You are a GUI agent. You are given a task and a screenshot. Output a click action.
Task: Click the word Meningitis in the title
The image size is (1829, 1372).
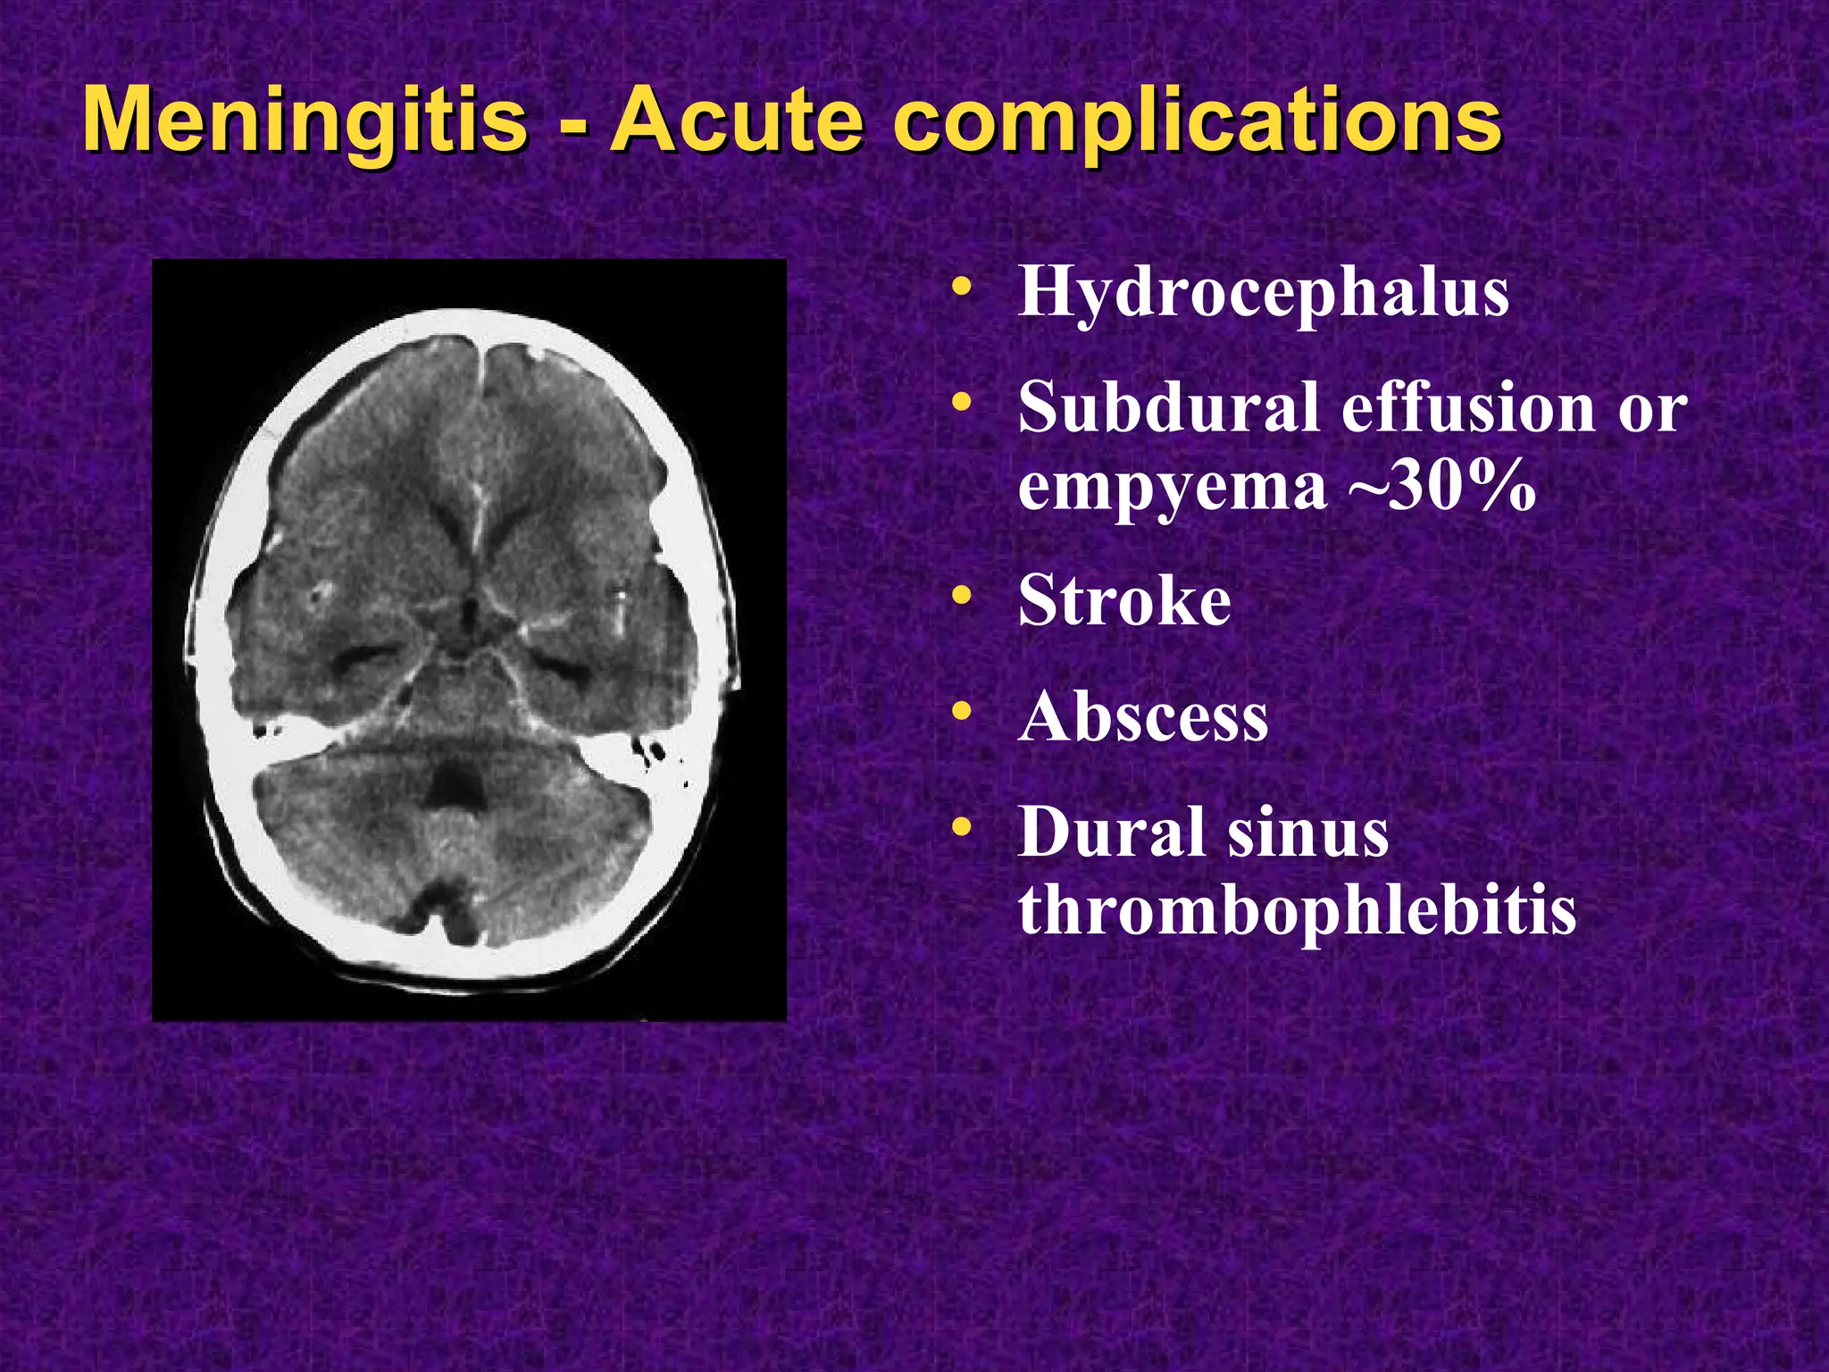(304, 121)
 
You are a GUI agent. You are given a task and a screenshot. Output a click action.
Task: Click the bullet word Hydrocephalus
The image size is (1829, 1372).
(1263, 294)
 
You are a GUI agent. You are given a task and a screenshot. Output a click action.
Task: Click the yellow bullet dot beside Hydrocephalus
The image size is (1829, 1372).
(961, 288)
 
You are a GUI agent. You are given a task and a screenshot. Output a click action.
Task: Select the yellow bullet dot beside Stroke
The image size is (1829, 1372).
(961, 595)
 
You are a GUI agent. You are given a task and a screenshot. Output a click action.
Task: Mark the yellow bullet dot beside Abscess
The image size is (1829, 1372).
(961, 712)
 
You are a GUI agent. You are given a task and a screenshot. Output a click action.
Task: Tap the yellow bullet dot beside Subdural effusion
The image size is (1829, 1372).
(961, 403)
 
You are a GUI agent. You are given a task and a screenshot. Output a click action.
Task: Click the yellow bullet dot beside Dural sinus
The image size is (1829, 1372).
(961, 828)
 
